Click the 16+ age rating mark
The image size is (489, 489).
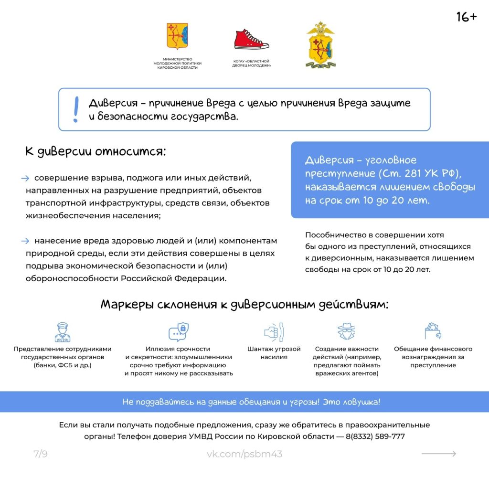pyautogui.click(x=466, y=17)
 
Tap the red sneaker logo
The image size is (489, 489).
pyautogui.click(x=251, y=40)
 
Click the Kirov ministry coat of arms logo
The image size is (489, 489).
pyautogui.click(x=177, y=36)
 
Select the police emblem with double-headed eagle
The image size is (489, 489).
pyautogui.click(x=320, y=45)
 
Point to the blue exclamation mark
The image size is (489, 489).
pyautogui.click(x=75, y=109)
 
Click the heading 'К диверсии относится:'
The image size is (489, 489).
pyautogui.click(x=95, y=152)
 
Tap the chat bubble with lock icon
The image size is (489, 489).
pyautogui.click(x=179, y=331)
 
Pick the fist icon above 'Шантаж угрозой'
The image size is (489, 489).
pyautogui.click(x=274, y=331)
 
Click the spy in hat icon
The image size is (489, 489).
pyautogui.click(x=346, y=331)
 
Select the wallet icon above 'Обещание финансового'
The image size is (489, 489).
pyautogui.click(x=433, y=331)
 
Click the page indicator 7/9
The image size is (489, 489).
pyautogui.click(x=41, y=454)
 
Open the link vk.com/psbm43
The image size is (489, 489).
pyautogui.click(x=244, y=454)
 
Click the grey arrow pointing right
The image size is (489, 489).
pyautogui.click(x=438, y=454)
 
